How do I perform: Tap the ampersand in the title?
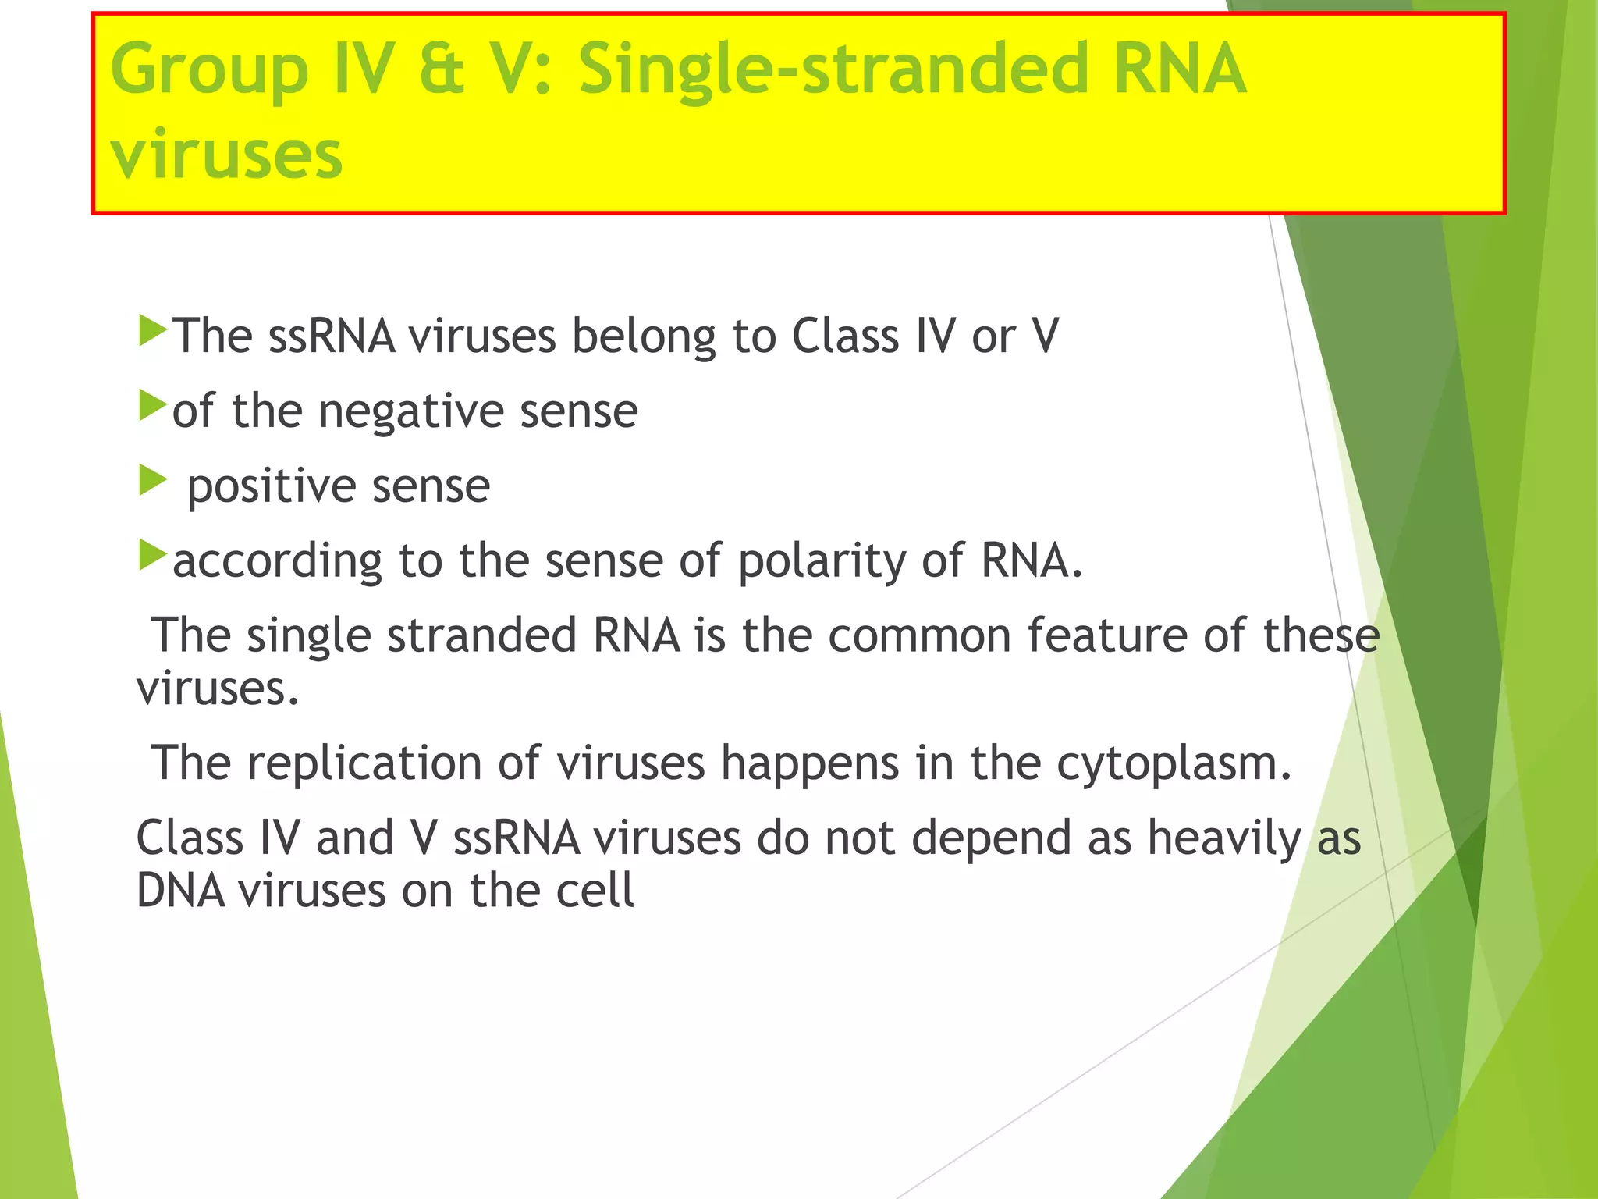pos(442,70)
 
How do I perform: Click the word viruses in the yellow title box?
pos(226,154)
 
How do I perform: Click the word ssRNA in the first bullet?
pos(331,336)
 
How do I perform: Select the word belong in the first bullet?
pos(643,336)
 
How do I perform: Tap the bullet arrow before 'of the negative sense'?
pos(152,406)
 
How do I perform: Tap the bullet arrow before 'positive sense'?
pos(152,480)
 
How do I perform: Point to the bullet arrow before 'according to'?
pos(152,555)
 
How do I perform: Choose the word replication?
pos(364,763)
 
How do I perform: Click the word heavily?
pos(1223,839)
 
